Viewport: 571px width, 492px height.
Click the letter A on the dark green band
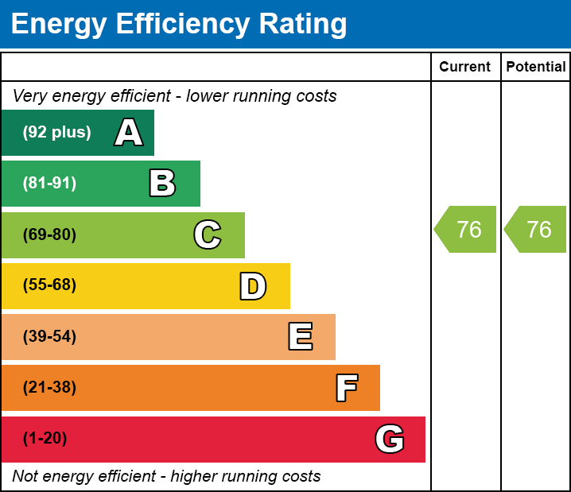tap(129, 133)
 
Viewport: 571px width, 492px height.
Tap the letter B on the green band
tap(162, 184)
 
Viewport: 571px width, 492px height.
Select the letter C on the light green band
tap(207, 235)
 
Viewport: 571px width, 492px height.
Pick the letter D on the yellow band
tap(252, 286)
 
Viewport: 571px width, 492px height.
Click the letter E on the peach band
tap(300, 337)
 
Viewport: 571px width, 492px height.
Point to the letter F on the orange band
tap(346, 388)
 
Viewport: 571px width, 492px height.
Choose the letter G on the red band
tap(390, 439)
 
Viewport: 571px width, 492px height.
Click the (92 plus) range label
tap(56, 133)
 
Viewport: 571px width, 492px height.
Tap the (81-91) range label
tap(49, 184)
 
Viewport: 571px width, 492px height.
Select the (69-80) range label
tap(49, 235)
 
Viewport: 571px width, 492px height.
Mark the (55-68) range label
tap(49, 285)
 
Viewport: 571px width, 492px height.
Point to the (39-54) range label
tap(49, 337)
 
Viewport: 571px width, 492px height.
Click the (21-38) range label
tap(49, 388)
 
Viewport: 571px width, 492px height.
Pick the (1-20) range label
tap(45, 439)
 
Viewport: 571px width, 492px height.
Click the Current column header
tap(465, 68)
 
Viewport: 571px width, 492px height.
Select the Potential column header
tap(536, 68)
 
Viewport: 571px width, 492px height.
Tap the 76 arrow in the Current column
tap(467, 230)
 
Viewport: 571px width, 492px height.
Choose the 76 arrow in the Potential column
tap(537, 230)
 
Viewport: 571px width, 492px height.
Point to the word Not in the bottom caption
tap(25, 476)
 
